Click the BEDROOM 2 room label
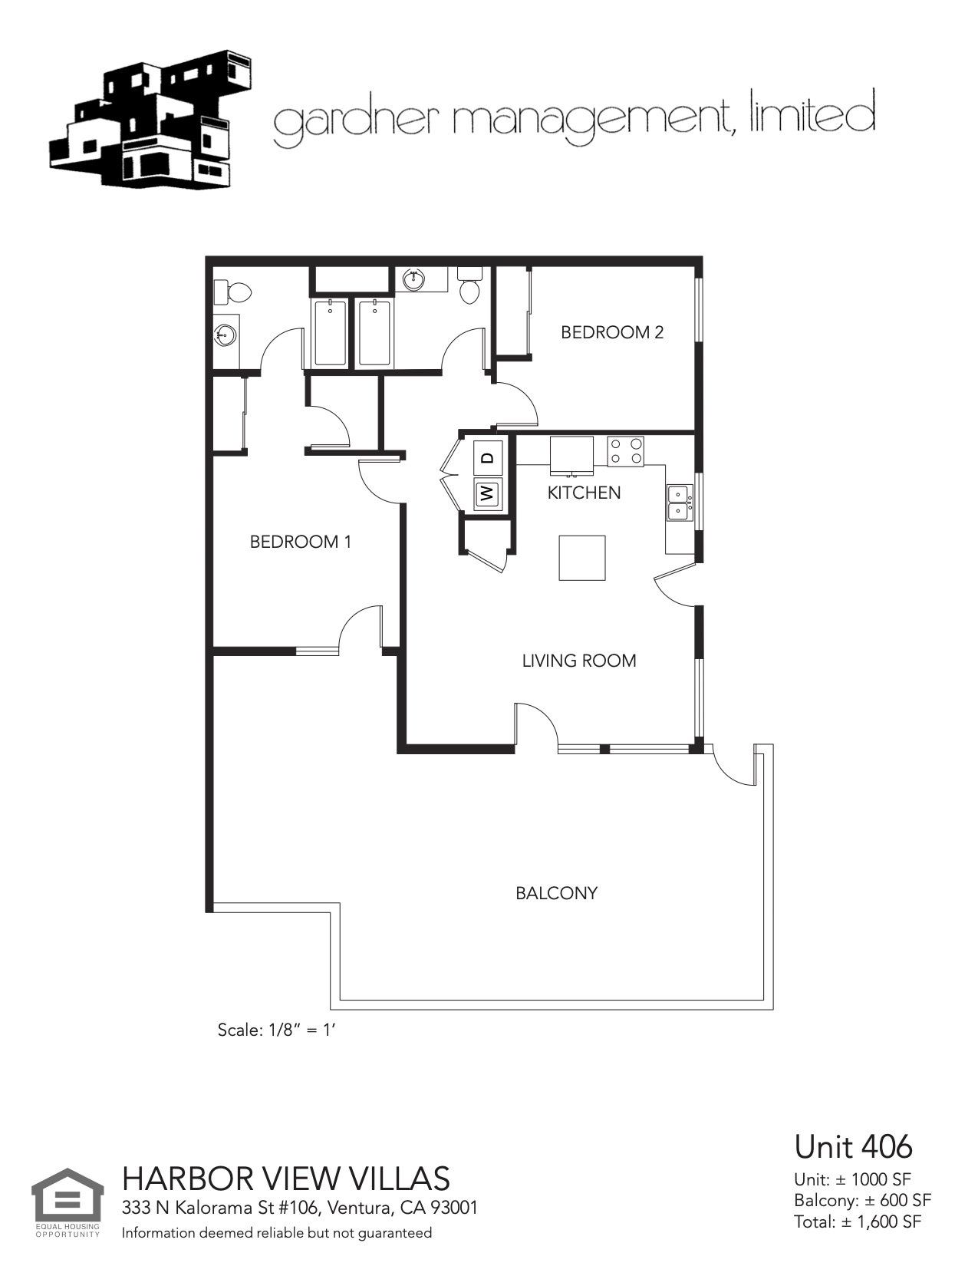[x=611, y=332]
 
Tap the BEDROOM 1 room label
[x=300, y=542]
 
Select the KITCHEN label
[x=584, y=493]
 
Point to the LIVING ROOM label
[x=579, y=661]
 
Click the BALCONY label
[x=556, y=893]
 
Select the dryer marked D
[x=487, y=458]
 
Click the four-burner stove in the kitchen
[x=625, y=451]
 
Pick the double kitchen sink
[x=678, y=503]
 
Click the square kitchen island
[x=581, y=558]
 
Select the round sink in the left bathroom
[x=225, y=334]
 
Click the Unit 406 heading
[x=853, y=1146]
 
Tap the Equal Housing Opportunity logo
[x=68, y=1201]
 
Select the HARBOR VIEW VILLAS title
[x=286, y=1178]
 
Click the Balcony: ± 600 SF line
[x=862, y=1200]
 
